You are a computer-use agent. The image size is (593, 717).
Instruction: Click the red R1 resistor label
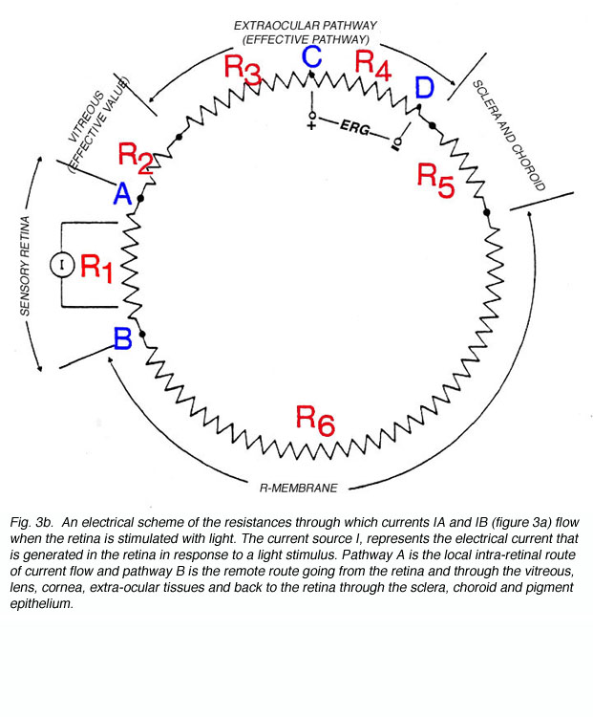tap(96, 268)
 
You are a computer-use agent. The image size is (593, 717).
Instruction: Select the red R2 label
tap(136, 158)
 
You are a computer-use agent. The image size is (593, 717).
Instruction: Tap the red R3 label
tap(243, 71)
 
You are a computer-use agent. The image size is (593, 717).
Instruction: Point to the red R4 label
tap(372, 65)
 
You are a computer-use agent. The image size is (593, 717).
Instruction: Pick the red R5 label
tap(435, 180)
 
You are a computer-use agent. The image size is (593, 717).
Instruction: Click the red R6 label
tap(315, 421)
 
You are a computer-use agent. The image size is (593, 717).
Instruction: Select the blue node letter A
tap(123, 193)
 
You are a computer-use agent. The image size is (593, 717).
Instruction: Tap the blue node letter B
tap(123, 338)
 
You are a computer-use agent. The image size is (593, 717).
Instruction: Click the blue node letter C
tap(312, 56)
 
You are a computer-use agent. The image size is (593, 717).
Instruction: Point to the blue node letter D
tap(424, 87)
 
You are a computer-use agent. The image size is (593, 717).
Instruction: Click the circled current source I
tap(62, 265)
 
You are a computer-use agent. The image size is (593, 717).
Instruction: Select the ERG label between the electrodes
tap(354, 127)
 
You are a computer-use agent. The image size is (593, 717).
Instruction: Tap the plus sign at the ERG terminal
tap(311, 125)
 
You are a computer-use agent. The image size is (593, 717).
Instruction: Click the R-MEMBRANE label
tap(298, 488)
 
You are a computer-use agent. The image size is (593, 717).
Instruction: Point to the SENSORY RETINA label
tap(25, 266)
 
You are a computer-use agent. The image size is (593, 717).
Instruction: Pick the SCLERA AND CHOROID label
tap(509, 136)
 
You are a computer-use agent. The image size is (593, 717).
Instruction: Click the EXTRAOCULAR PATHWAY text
tap(306, 25)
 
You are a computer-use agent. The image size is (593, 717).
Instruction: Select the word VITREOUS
tap(86, 116)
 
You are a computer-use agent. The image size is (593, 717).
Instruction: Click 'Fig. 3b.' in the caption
tap(32, 522)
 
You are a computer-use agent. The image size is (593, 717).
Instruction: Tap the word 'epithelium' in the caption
tap(41, 603)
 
